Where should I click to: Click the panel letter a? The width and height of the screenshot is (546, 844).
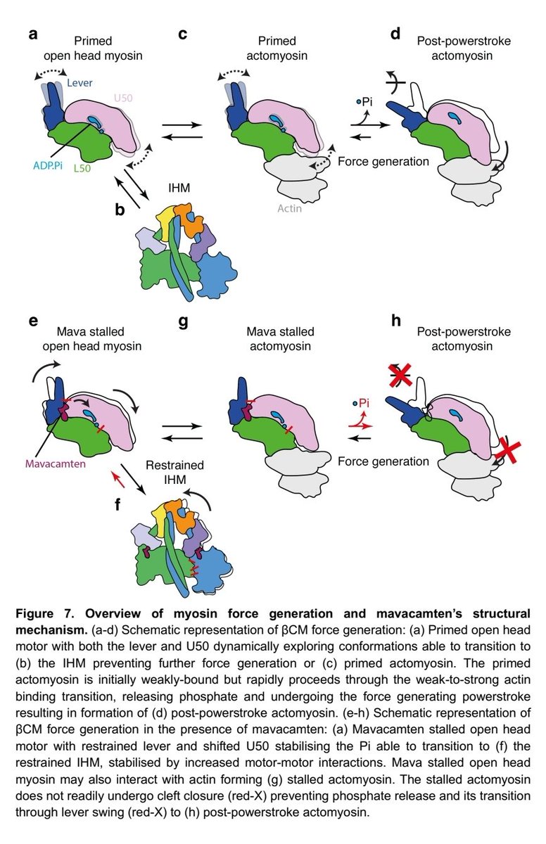(33, 33)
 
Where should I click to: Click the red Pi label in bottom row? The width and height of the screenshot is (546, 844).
(364, 404)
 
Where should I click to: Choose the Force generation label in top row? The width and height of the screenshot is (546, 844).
(383, 161)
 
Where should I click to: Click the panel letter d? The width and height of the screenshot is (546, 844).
(395, 33)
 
